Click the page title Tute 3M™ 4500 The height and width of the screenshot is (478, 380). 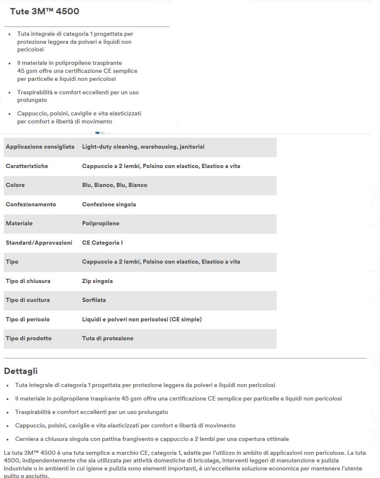point(45,11)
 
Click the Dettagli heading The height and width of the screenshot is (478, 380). point(21,371)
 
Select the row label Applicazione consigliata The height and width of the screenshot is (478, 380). point(40,147)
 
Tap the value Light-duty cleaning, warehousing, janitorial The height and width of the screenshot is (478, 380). point(143,147)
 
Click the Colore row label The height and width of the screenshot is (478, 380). point(15,185)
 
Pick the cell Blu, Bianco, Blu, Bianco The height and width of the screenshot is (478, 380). point(115,185)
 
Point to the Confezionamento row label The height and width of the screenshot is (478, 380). point(31,204)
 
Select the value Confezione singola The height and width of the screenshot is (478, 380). point(109,204)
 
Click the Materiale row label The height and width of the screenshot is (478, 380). point(19,224)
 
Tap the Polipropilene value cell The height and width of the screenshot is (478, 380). point(100,224)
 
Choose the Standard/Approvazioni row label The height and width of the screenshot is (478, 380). point(39,243)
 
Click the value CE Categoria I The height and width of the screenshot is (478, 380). point(102,243)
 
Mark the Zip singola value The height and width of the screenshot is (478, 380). point(97,281)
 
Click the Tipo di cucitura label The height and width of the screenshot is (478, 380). point(28,300)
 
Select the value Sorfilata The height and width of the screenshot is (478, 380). point(94,300)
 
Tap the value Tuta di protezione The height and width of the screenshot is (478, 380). point(108,339)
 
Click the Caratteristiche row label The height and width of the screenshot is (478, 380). point(27,166)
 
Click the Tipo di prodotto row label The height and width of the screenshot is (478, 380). point(29,339)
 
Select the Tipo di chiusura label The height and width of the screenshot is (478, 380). point(28,281)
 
